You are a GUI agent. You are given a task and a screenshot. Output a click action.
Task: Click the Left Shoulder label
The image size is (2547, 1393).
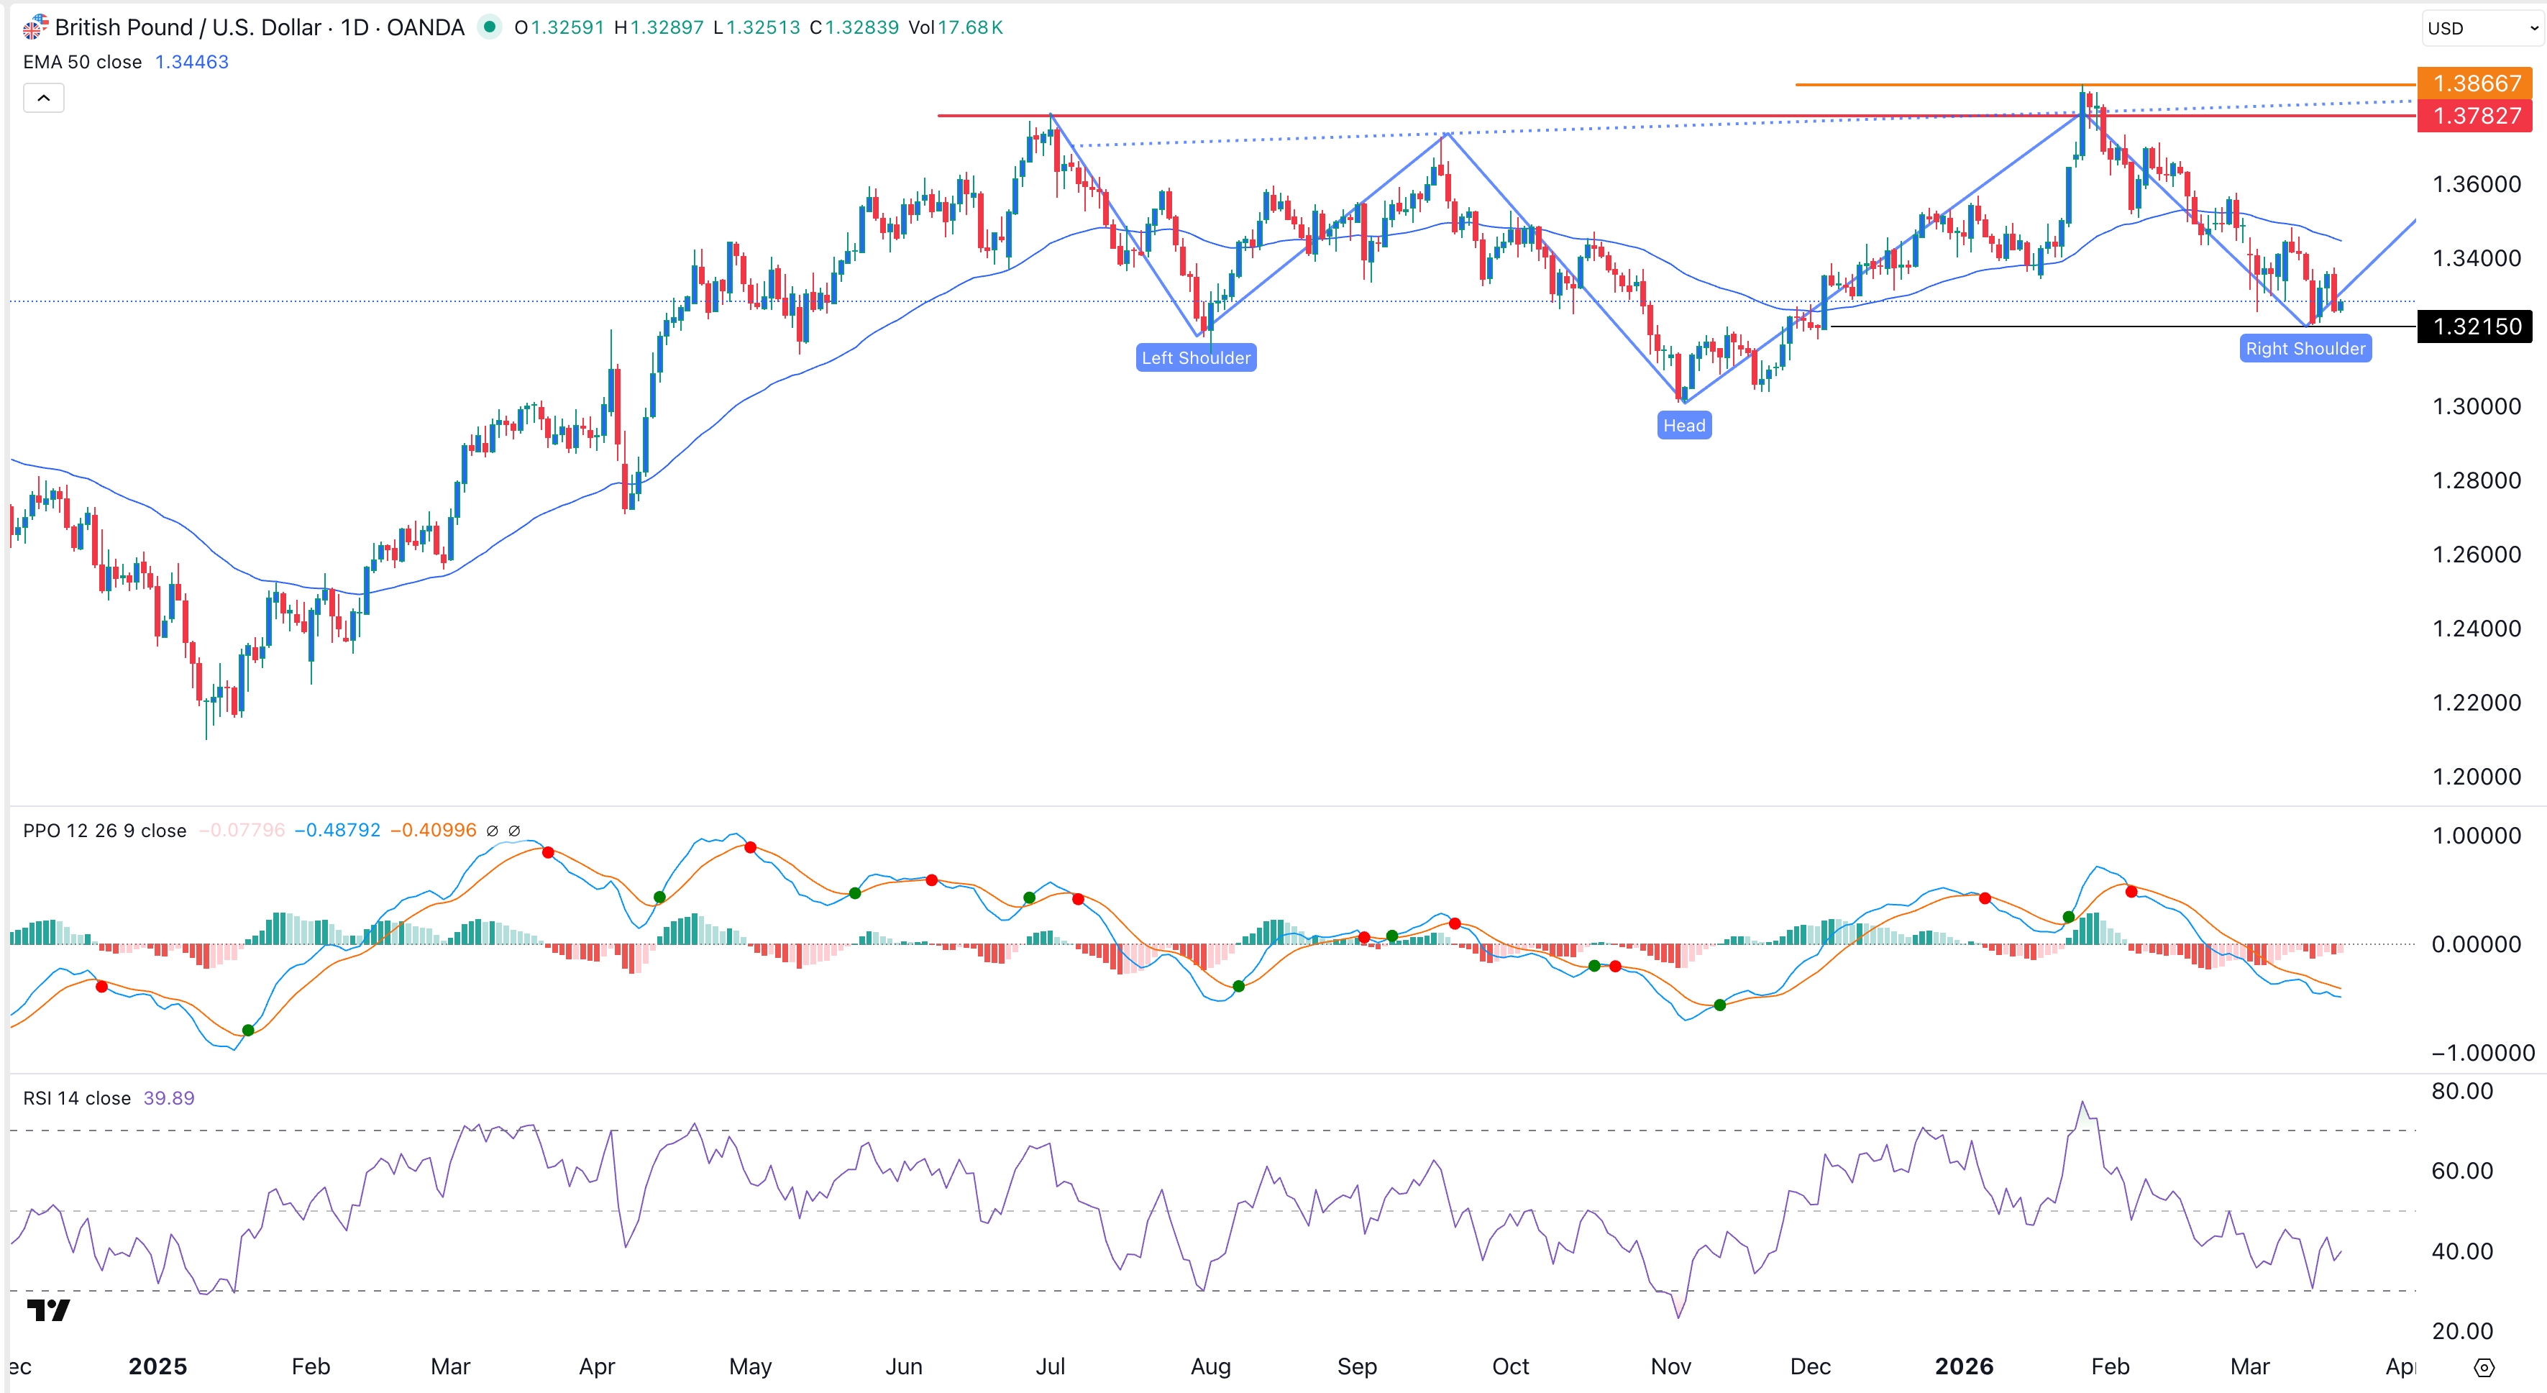pos(1195,358)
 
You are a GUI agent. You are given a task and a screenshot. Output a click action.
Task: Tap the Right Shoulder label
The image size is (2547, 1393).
pos(2305,348)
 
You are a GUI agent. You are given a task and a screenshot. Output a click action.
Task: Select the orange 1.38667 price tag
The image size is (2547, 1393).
pos(2475,83)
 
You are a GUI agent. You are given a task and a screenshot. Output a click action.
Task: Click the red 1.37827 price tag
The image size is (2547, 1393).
pos(2475,116)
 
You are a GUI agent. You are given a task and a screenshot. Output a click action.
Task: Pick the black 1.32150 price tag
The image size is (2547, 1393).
pos(2475,326)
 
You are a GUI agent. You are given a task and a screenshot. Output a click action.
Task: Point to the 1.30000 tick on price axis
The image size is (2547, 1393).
pos(2476,406)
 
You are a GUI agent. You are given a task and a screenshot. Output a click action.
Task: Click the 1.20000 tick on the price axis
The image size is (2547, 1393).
pos(2476,776)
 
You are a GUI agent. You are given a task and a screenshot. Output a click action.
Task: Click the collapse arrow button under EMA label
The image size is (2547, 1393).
pos(43,98)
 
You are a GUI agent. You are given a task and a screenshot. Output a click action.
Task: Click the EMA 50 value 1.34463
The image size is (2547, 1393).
pos(192,63)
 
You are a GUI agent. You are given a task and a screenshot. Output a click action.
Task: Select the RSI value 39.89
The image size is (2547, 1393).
pos(169,1098)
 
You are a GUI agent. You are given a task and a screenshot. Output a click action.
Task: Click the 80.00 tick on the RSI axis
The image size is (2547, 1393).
pos(2462,1092)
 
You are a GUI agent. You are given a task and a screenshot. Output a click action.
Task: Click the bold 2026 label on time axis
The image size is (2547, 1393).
pos(1964,1366)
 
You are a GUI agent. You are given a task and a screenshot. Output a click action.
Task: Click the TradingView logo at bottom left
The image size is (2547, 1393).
pos(48,1310)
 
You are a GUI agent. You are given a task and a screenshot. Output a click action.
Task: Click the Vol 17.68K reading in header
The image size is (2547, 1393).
pos(956,27)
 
